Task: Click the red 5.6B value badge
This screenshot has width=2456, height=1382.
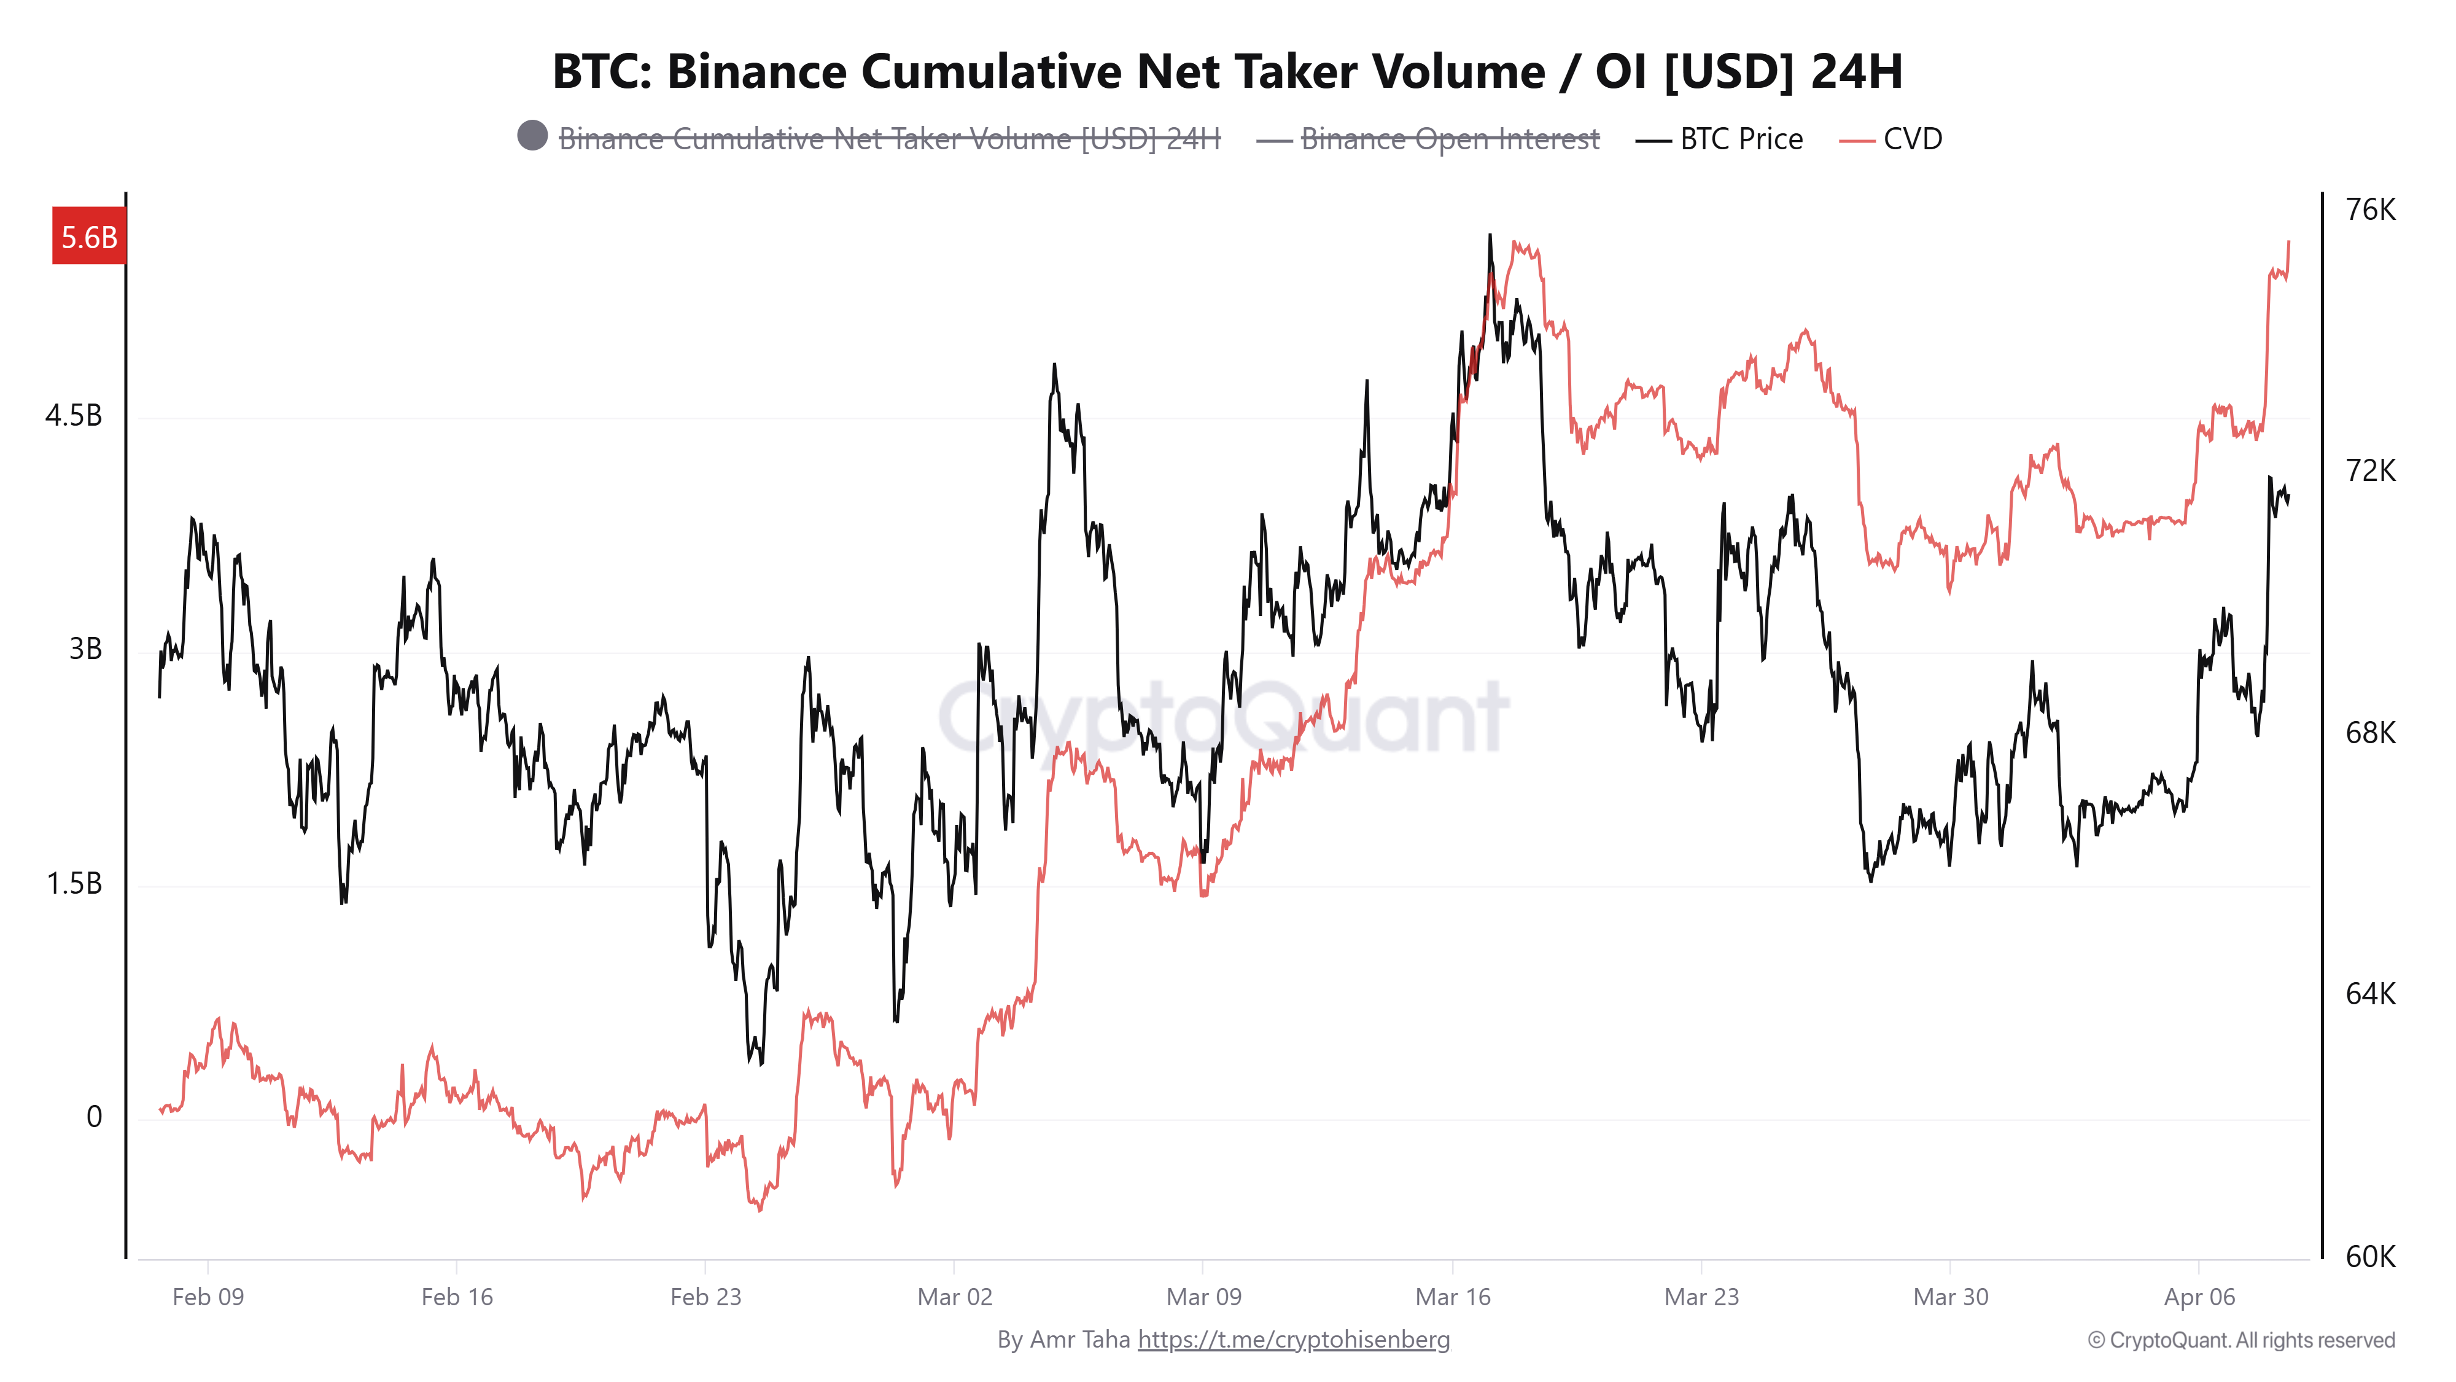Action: click(x=88, y=236)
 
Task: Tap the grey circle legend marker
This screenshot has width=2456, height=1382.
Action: click(x=532, y=135)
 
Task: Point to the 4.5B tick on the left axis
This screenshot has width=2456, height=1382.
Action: click(x=74, y=416)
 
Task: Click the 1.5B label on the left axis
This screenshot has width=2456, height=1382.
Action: click(x=74, y=883)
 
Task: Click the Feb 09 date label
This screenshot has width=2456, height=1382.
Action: click(x=208, y=1297)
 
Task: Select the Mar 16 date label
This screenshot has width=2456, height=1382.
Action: click(x=1452, y=1297)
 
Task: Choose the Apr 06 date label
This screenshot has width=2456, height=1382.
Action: click(x=2199, y=1297)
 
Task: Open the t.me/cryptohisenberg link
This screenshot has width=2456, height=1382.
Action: click(x=1293, y=1340)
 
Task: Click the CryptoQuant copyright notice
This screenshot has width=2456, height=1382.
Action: click(x=2240, y=1341)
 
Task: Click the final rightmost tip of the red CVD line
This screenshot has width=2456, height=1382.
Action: click(x=2288, y=242)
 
